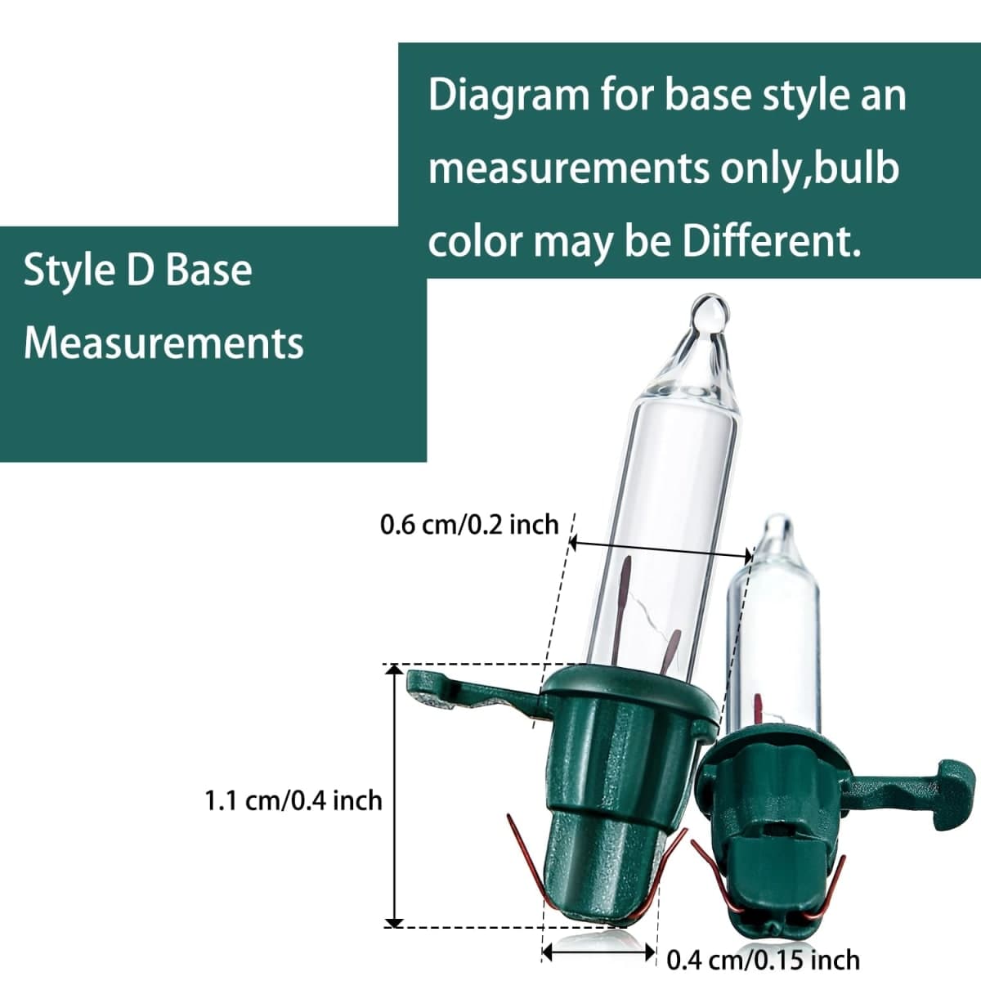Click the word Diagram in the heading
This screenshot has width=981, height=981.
(x=508, y=96)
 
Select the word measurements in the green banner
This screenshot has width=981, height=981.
(x=568, y=169)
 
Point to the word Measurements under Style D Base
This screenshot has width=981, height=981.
(x=163, y=343)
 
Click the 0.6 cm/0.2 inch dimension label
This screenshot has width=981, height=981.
(x=469, y=524)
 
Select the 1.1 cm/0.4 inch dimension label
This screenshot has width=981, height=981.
(x=293, y=801)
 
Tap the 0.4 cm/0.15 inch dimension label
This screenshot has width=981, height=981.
(x=763, y=961)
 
